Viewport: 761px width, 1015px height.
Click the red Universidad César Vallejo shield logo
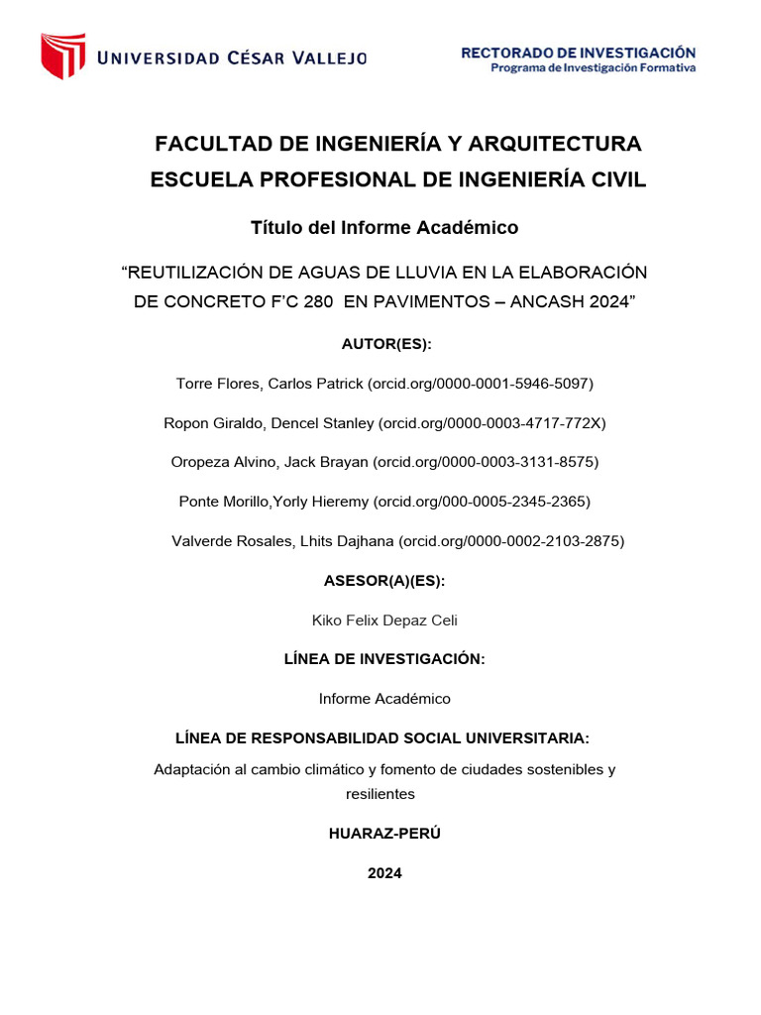(62, 56)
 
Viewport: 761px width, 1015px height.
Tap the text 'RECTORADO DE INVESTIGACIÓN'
(578, 53)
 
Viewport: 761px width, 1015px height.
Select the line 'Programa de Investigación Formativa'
(594, 68)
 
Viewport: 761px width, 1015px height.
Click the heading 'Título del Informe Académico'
(384, 228)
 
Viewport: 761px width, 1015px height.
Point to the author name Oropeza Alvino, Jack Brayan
(270, 462)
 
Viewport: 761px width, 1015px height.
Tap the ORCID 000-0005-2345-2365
(482, 502)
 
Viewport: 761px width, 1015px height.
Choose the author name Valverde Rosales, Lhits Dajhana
(283, 541)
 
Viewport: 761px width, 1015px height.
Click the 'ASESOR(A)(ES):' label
(384, 581)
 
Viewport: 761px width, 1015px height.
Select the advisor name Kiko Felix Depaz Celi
(384, 620)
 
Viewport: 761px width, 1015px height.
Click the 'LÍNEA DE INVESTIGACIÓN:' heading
(384, 659)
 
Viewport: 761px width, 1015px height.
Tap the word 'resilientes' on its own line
(380, 794)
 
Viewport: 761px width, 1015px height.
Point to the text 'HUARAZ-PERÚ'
(384, 834)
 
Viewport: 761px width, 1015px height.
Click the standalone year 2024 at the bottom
(384, 873)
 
